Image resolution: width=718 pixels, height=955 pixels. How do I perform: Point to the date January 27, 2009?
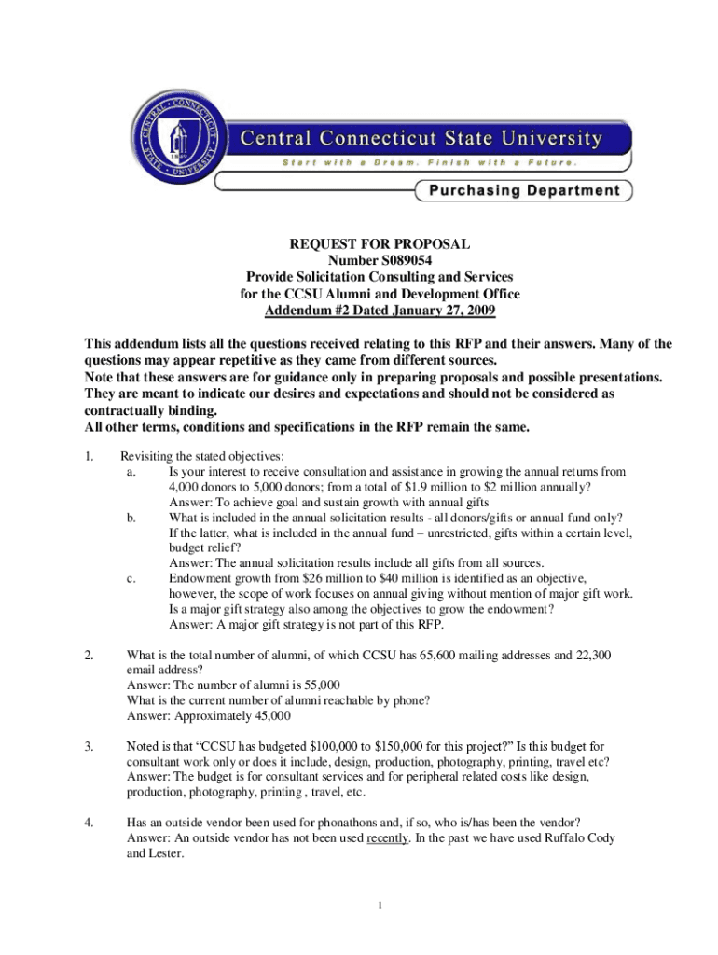tap(438, 311)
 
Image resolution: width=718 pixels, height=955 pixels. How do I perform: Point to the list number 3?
tap(88, 747)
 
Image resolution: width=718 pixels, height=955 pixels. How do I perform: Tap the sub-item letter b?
tap(129, 518)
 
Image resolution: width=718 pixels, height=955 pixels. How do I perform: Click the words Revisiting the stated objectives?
tap(192, 457)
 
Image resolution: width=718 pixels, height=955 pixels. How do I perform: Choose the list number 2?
tap(88, 656)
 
